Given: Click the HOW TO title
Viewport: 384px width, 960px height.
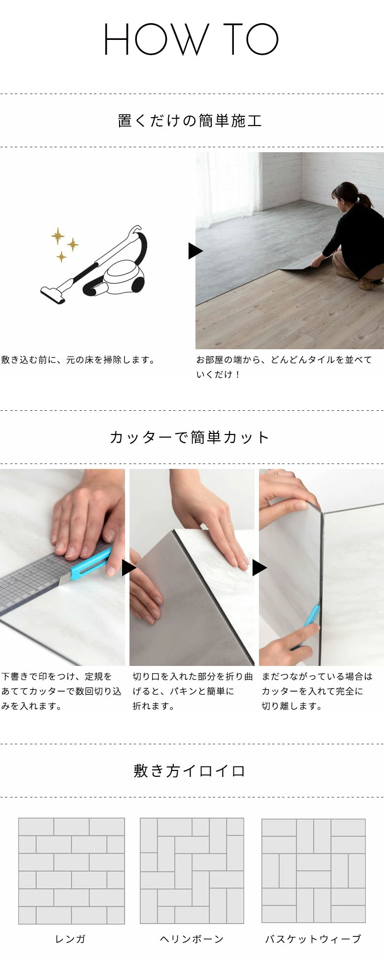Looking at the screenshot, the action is pos(192,39).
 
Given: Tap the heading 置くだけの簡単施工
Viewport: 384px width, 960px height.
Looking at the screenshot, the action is pos(190,121).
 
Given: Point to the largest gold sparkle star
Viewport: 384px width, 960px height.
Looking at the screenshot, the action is pos(58,236).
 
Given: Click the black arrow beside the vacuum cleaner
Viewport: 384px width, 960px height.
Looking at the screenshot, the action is pos(195,251).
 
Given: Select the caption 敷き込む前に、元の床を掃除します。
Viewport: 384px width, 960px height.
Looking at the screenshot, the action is pos(78,360).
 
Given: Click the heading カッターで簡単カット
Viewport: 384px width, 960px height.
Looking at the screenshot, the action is pos(190,437).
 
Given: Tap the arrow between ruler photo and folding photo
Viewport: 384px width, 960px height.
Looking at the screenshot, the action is pos(129,568).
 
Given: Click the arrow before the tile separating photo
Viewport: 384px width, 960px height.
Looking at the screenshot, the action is pos(259,568).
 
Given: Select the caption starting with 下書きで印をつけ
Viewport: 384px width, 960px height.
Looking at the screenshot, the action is pos(62,692).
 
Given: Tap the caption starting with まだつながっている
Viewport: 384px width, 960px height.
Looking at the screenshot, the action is pos(317,692).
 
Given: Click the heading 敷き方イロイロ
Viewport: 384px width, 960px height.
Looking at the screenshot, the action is pos(190,771).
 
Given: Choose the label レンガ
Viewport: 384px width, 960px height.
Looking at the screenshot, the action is pos(70,939).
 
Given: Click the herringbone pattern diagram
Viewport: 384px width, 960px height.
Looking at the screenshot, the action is pos(192,871).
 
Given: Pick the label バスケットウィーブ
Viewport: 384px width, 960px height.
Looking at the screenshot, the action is pos(313,939).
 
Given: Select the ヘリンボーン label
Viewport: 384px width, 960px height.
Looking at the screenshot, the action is pos(192,939).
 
